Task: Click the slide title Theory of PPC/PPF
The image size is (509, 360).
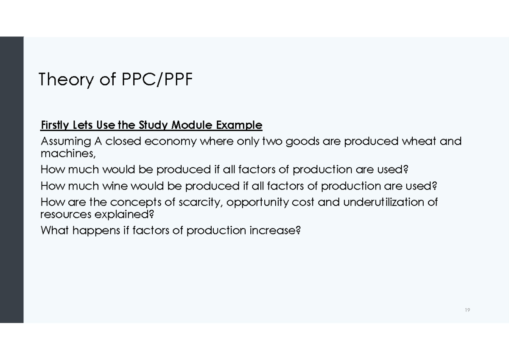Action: tap(115, 79)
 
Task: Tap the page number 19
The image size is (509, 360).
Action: tap(467, 310)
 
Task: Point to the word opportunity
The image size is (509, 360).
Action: tap(257, 203)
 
